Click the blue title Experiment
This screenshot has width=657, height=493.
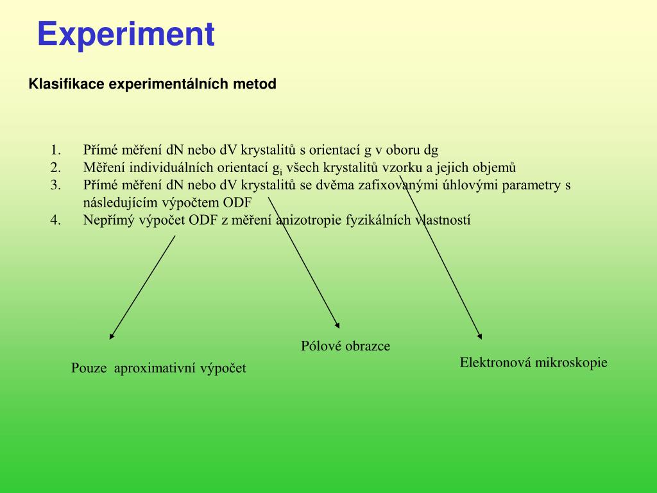[x=125, y=34]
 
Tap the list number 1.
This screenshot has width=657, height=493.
[x=56, y=151]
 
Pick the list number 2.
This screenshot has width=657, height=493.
[x=56, y=168]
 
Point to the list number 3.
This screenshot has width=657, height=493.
[x=56, y=186]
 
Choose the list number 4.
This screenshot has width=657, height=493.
[x=56, y=220]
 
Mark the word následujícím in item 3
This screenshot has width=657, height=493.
[x=121, y=203]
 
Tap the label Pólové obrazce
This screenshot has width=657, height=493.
[x=345, y=346]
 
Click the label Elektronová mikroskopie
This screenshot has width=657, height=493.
[x=533, y=363]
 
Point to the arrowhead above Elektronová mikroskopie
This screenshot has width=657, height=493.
[x=479, y=336]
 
